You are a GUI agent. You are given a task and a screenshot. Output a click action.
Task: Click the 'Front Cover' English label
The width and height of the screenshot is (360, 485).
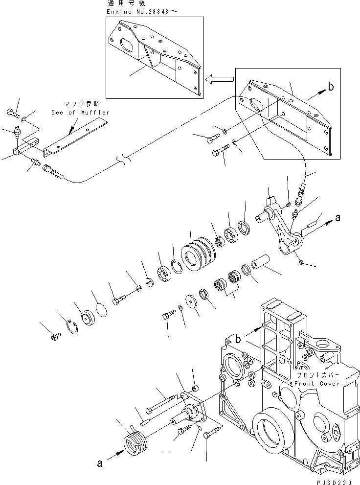tap(316, 383)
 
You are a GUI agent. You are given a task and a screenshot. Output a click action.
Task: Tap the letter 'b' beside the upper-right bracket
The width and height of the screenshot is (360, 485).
tap(331, 88)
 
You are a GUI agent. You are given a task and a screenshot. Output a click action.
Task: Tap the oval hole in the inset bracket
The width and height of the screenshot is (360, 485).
tap(128, 42)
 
